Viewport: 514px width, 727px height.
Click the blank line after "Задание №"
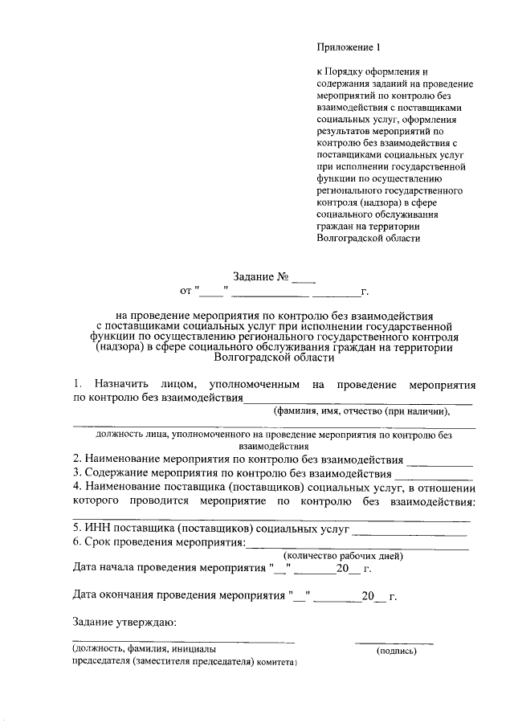click(304, 281)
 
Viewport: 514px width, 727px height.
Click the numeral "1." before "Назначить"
click(78, 384)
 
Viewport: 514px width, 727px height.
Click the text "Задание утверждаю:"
click(124, 623)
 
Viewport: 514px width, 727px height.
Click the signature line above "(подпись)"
click(394, 643)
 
